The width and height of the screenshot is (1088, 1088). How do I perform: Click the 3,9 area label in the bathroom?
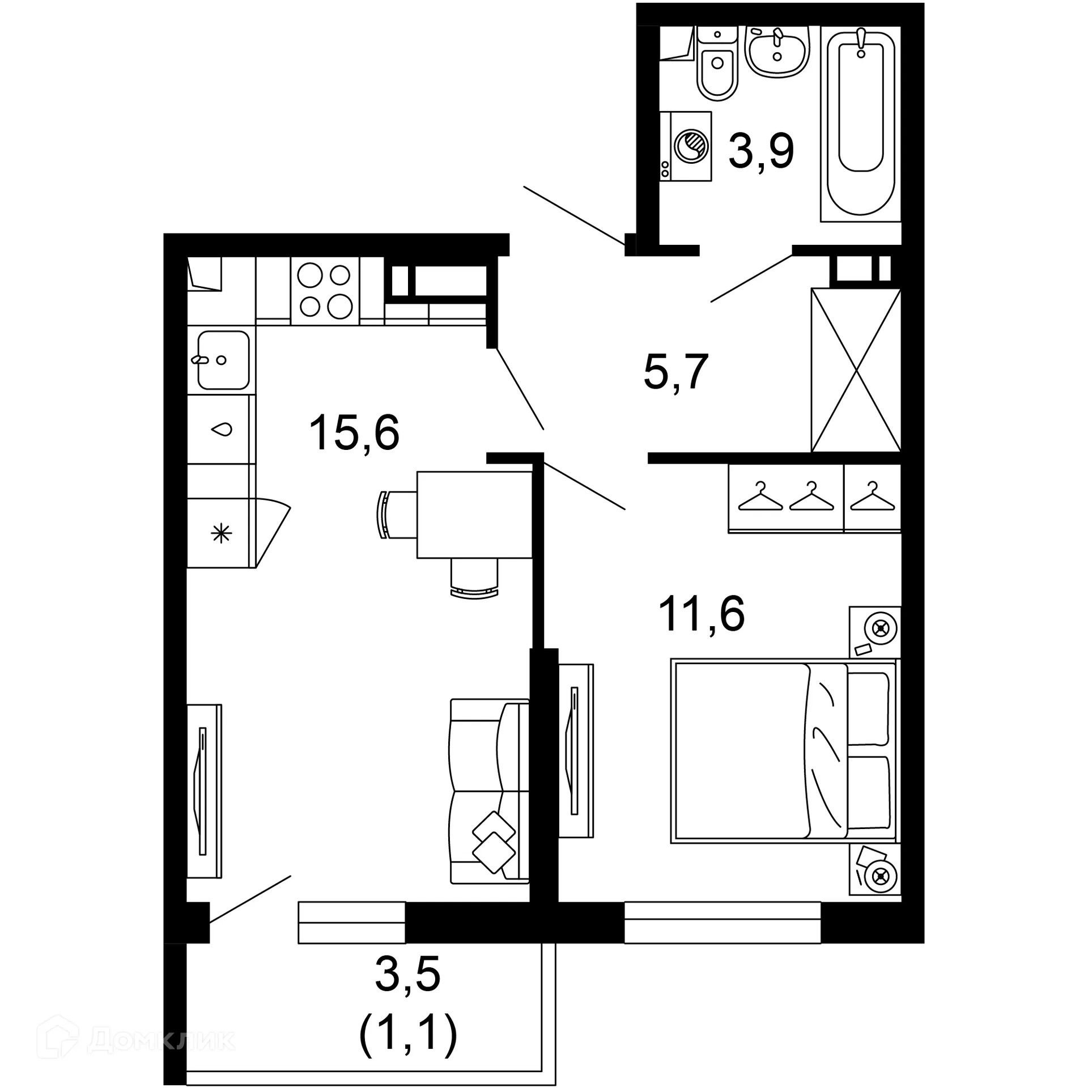point(761,151)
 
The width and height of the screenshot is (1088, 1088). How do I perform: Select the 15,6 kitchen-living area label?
point(354,432)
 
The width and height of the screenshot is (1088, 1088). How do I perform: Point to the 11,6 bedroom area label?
point(701,614)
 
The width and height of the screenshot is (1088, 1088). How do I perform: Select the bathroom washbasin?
point(777,51)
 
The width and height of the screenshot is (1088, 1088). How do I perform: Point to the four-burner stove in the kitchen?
point(325,291)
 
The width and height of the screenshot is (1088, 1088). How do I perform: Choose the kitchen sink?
point(223,360)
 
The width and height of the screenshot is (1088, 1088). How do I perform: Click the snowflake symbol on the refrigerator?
point(221,533)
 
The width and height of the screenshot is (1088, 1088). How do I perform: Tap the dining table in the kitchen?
point(474,514)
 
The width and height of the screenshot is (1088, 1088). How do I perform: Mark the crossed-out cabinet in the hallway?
point(856,370)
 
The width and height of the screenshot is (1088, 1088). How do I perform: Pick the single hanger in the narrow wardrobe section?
point(872,497)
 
